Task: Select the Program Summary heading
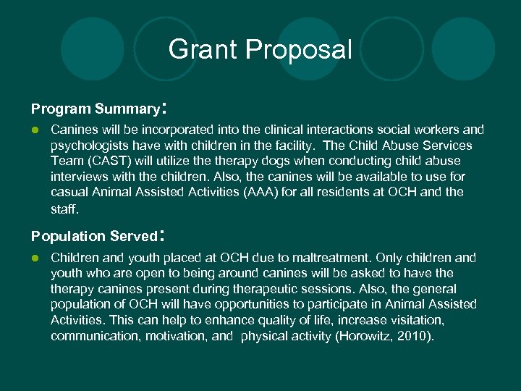pyautogui.click(x=95, y=109)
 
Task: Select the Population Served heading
pyautogui.click(x=94, y=237)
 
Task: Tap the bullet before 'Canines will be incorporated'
pyautogui.click(x=34, y=130)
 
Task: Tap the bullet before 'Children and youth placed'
pyautogui.click(x=34, y=258)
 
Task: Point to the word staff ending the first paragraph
pyautogui.click(x=63, y=208)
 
